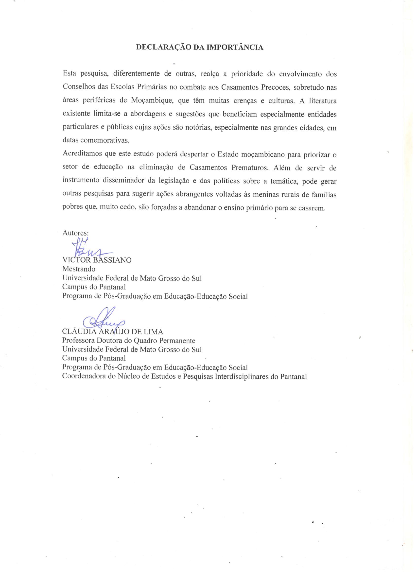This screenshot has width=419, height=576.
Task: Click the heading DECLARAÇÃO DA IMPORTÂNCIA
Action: pos(199,48)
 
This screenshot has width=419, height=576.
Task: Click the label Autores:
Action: pos(75,233)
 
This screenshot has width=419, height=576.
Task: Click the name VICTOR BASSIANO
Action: pos(97,260)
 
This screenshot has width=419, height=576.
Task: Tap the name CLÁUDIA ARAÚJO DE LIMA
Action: pos(113,332)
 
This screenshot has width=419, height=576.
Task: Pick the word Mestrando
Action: pos(79,269)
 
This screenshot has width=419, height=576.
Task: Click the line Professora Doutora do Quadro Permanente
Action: pos(129,340)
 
